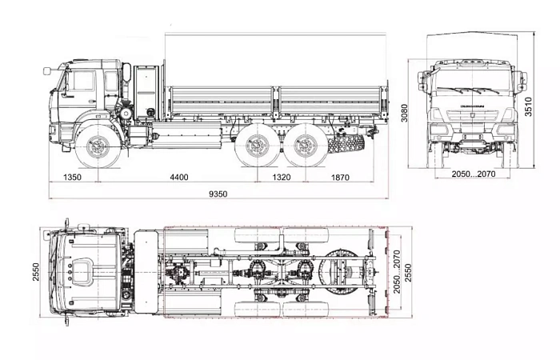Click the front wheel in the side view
click(99, 147)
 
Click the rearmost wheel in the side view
click(306, 147)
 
